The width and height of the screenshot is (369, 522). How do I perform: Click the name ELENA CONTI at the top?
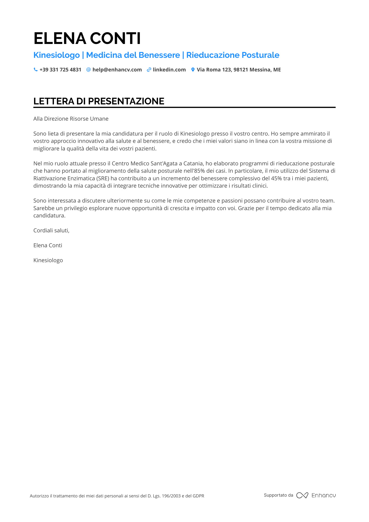(x=87, y=38)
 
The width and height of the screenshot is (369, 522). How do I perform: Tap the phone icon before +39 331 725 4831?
(x=36, y=70)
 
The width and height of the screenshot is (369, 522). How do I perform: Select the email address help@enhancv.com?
(x=117, y=70)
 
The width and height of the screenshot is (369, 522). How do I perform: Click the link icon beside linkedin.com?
(x=149, y=70)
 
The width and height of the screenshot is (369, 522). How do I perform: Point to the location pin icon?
(x=193, y=70)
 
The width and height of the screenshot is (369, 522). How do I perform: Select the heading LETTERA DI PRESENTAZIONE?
(x=99, y=101)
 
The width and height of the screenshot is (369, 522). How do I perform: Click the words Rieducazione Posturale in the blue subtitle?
(x=233, y=55)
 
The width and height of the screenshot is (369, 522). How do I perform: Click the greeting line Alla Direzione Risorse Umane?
(x=71, y=119)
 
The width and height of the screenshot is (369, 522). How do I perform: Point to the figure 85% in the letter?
(x=199, y=171)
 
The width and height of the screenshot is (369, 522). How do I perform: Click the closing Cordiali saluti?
(x=51, y=231)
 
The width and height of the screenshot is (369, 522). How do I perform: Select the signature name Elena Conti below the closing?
(x=48, y=245)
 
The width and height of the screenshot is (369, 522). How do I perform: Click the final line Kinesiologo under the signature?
(x=48, y=260)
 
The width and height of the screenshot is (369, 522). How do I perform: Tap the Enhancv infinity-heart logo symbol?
(x=302, y=495)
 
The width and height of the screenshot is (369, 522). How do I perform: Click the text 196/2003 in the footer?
(x=171, y=496)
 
